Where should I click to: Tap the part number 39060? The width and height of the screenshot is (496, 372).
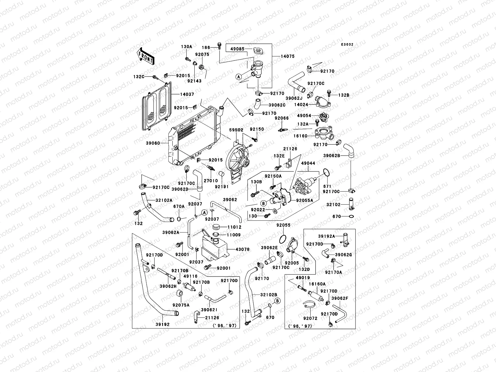161,143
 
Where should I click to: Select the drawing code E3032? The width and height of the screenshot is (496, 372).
347,45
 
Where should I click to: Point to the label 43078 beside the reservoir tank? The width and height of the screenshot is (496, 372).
242,249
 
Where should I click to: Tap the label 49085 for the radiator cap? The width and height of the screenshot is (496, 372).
237,49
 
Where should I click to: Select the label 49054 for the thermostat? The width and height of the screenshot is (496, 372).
304,116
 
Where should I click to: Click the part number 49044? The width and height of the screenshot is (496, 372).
308,163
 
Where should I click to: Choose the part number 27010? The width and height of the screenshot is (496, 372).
211,181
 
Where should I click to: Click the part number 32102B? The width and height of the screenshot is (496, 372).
268,295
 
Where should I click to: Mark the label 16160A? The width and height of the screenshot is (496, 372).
317,284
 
